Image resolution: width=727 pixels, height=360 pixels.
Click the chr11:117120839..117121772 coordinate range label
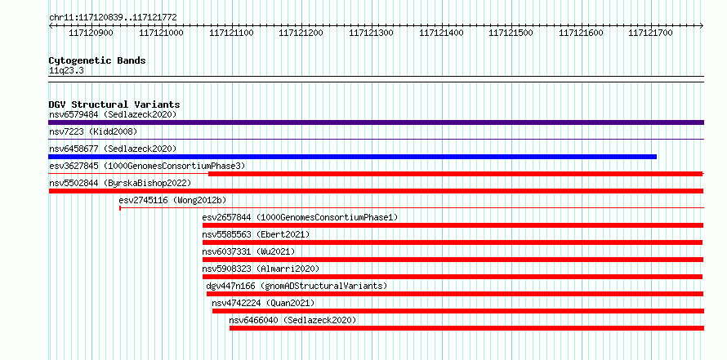click(113, 18)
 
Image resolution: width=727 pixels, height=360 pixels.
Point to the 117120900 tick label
click(91, 33)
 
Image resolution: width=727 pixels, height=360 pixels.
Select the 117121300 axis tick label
click(371, 33)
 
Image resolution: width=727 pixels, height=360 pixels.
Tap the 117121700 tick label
click(650, 33)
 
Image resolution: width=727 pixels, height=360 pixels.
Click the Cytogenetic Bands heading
click(97, 60)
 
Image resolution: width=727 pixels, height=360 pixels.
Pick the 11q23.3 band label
click(67, 71)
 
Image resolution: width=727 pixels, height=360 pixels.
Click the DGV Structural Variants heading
click(114, 104)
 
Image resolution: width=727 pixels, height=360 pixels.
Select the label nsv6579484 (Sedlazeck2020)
click(113, 114)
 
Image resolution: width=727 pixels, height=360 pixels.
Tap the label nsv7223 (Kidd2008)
click(93, 131)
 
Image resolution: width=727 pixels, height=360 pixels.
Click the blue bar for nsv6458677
click(352, 157)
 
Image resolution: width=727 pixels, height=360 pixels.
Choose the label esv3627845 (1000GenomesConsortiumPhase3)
click(147, 166)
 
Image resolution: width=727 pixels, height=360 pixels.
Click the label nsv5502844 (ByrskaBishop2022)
click(120, 183)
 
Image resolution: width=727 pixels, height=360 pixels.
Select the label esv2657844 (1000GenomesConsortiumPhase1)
click(300, 217)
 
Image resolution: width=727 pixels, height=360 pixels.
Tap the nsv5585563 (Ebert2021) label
click(256, 234)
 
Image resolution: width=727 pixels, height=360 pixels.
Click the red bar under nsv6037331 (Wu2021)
click(453, 260)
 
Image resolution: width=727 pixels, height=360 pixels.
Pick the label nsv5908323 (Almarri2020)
click(261, 269)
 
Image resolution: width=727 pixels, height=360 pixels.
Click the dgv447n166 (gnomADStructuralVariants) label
click(297, 286)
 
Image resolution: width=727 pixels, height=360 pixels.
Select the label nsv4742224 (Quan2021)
click(263, 303)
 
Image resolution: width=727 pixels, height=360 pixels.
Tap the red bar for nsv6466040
click(467, 328)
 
